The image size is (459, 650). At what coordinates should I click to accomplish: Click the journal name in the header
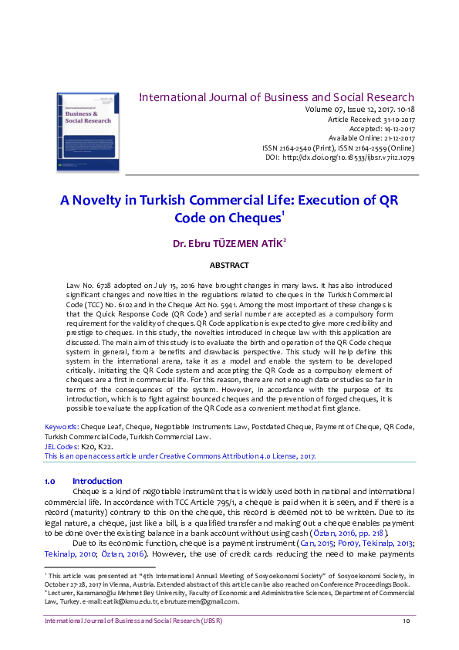point(276,97)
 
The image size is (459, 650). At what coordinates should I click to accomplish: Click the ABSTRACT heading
point(229,266)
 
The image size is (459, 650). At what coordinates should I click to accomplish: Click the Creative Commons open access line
point(181,456)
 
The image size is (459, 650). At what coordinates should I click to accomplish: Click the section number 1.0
point(50,481)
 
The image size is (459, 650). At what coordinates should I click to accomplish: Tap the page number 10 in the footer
point(406,621)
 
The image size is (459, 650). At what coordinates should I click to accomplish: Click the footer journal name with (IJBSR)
point(124,621)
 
